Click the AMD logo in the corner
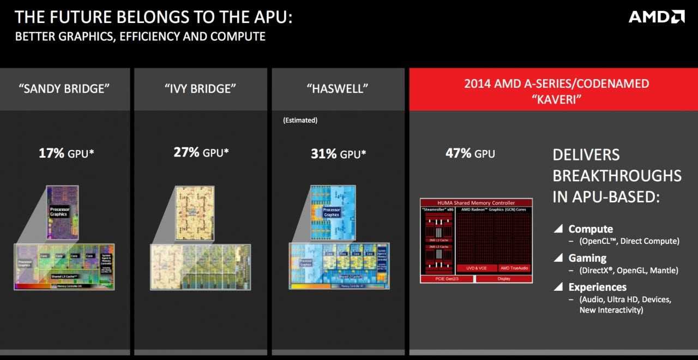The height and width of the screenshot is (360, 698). [656, 16]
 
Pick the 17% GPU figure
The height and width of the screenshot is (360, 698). [66, 153]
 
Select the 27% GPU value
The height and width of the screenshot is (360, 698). [200, 153]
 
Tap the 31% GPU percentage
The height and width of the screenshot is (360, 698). [338, 154]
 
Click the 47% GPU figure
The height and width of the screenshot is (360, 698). [470, 153]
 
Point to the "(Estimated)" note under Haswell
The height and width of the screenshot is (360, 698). [300, 120]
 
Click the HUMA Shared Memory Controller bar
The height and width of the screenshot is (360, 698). [476, 203]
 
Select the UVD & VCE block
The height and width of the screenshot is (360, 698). [476, 268]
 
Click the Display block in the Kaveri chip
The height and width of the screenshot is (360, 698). [503, 279]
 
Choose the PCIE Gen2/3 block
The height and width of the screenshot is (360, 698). [447, 279]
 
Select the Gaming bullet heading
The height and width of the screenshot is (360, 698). [587, 258]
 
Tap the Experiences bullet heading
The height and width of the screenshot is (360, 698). [597, 287]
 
